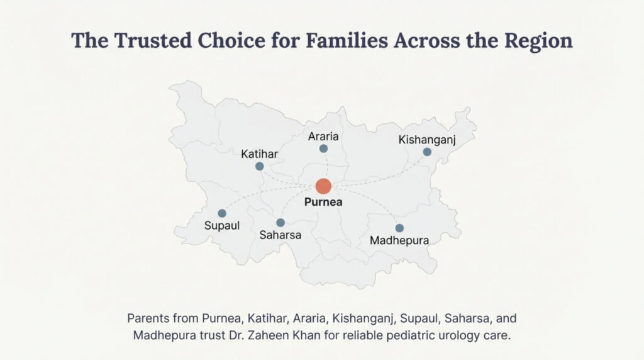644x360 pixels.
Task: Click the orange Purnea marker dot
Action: pos(323,186)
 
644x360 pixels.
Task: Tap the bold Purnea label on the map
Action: pos(323,202)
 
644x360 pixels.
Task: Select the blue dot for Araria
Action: pos(324,149)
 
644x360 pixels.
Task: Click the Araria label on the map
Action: pos(324,137)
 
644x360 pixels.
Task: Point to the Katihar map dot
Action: pos(260,166)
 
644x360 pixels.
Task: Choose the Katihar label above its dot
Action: pos(260,154)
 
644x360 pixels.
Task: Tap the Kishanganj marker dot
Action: pos(427,152)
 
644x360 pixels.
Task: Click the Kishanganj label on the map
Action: pos(427,140)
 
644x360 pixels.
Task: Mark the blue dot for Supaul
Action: pos(222,213)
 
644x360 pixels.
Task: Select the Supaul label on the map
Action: pos(222,225)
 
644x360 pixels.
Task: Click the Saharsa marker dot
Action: pos(280,223)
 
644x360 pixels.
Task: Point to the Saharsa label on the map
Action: pos(280,235)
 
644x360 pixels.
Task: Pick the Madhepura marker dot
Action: pos(399,228)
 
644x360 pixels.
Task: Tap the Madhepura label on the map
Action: pos(399,240)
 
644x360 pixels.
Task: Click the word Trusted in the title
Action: pos(153,40)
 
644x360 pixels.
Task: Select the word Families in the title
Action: pos(347,40)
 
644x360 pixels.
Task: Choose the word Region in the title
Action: pos(538,41)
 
